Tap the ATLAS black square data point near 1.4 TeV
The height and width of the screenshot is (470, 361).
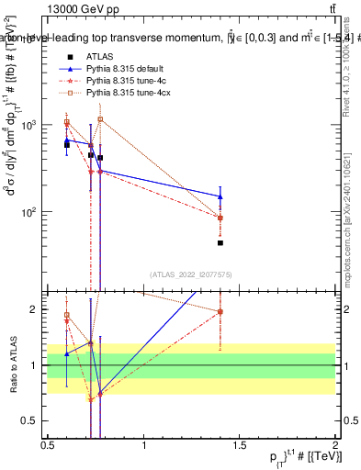220,243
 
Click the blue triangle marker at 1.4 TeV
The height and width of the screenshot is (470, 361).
220,196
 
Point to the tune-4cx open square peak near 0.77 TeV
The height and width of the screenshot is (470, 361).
100,119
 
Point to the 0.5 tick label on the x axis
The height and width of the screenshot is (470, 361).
48,445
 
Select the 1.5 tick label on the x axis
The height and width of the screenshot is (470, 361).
240,445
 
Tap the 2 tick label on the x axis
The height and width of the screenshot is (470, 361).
335,445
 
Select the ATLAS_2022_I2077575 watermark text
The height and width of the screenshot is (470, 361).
190,274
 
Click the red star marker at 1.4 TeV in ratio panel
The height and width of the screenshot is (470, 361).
220,311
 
